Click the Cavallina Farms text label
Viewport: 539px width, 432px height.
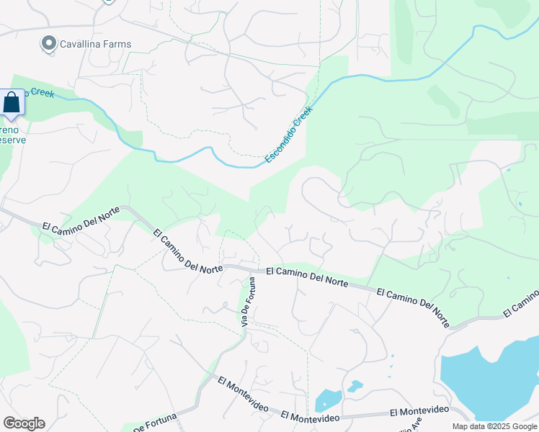point(95,44)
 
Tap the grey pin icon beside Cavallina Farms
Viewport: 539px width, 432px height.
point(49,44)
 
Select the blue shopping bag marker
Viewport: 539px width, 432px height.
point(12,104)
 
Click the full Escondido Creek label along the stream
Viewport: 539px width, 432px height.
point(288,134)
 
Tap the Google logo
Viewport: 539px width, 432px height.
point(24,423)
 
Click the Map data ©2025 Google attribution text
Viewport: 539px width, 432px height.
point(494,426)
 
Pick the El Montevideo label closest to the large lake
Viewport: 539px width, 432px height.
point(419,410)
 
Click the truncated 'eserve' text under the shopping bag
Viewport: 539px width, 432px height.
point(13,140)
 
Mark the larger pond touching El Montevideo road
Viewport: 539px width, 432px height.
point(327,400)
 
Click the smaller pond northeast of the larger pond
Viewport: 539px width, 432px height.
point(355,387)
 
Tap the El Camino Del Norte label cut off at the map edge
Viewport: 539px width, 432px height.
point(521,303)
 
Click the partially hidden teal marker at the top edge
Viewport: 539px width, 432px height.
point(108,1)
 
